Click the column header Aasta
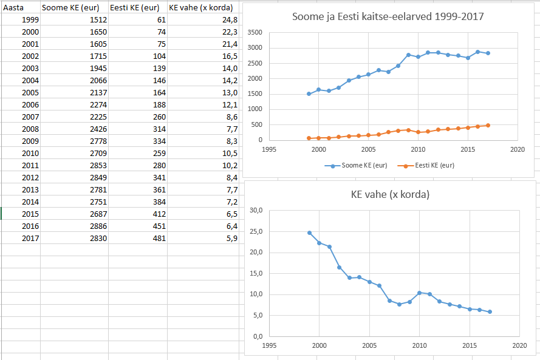[x=13, y=7]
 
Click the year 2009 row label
[x=30, y=141]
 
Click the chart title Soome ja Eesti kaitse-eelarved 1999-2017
[x=388, y=16]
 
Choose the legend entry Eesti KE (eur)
[x=425, y=165]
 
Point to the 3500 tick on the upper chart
[x=255, y=33]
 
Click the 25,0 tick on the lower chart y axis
[x=256, y=231]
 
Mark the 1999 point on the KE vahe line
[x=309, y=233]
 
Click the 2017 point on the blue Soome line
[x=488, y=53]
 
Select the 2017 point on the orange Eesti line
[x=488, y=126]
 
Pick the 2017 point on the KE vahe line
[x=490, y=312]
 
